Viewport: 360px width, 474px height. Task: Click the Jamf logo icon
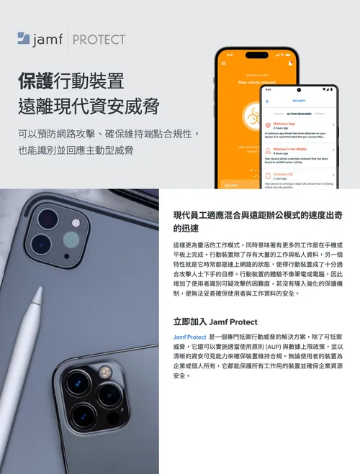24,39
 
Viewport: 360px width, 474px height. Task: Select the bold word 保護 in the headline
33,81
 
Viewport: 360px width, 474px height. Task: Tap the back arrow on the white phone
268,101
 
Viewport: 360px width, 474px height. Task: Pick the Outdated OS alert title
284,173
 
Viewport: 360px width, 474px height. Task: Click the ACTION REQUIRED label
299,114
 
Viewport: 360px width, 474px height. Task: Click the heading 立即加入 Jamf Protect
215,322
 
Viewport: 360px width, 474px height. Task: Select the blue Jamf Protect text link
189,337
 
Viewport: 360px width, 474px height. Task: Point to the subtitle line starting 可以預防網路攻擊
107,134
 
